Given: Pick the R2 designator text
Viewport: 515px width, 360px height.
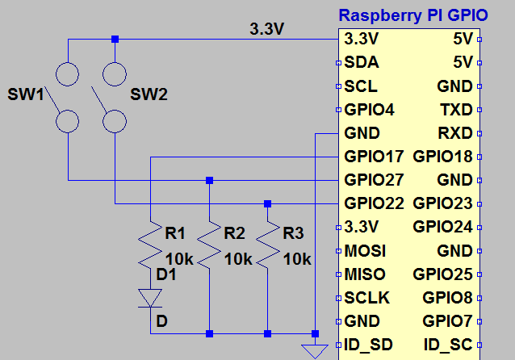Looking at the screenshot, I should pyautogui.click(x=234, y=234).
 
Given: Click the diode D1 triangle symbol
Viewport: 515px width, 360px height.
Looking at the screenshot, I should pyautogui.click(x=151, y=298).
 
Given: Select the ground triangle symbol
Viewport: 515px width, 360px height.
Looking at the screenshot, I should pyautogui.click(x=313, y=350).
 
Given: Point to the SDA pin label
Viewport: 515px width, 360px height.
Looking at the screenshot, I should pyautogui.click(x=361, y=62).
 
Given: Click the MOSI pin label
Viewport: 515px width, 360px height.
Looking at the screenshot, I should pyautogui.click(x=364, y=250).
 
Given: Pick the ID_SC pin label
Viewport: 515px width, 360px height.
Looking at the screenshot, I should pyautogui.click(x=448, y=344).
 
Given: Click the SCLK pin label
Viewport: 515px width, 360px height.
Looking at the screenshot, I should pyautogui.click(x=366, y=297).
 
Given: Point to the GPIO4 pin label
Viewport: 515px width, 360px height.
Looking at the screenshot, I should pyautogui.click(x=369, y=109).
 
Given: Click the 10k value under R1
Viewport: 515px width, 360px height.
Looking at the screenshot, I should pyautogui.click(x=179, y=259).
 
